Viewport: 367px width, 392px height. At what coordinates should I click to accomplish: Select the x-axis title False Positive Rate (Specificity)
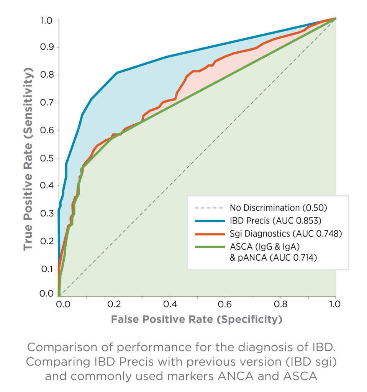197,319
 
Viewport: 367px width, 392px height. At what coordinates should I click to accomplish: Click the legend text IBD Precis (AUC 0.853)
275,220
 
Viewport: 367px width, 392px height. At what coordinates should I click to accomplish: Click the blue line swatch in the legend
209,221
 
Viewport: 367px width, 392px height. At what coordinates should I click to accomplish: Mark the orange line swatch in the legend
209,234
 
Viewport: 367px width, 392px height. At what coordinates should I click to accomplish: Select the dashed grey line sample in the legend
209,208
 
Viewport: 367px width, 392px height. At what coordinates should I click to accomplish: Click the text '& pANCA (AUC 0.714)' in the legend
273,258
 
